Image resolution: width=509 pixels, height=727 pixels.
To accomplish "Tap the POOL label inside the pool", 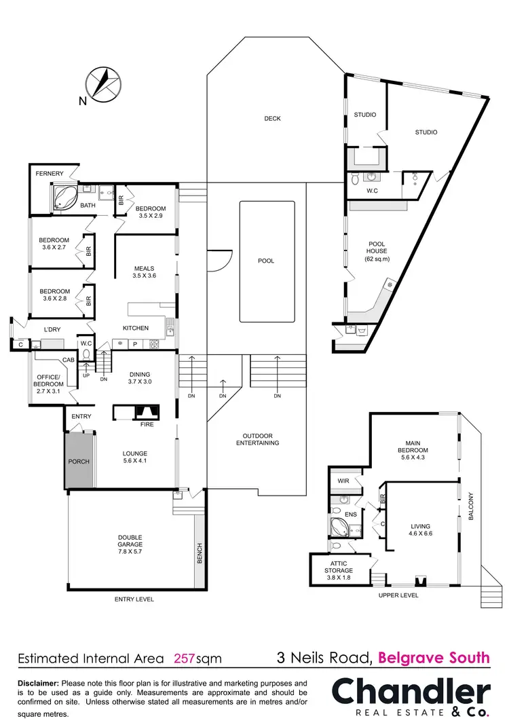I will tap(266, 261).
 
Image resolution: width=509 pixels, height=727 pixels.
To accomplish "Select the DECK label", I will tap(272, 119).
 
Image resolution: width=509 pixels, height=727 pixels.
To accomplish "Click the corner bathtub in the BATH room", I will tap(64, 198).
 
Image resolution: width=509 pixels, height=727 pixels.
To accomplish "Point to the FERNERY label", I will tap(50, 174).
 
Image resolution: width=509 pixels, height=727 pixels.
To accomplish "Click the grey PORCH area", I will tap(79, 462).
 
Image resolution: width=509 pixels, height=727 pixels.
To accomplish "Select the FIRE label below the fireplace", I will tap(147, 424).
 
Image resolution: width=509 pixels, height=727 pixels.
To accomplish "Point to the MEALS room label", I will tap(144, 269).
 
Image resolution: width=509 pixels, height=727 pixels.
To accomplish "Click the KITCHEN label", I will tap(135, 328).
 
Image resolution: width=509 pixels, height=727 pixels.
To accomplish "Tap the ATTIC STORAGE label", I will tap(337, 567).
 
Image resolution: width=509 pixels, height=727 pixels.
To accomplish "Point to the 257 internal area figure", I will tap(185, 658).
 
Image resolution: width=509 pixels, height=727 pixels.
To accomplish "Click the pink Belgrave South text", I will tap(434, 657).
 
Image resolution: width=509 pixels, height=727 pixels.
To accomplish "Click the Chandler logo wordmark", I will tap(411, 692).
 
